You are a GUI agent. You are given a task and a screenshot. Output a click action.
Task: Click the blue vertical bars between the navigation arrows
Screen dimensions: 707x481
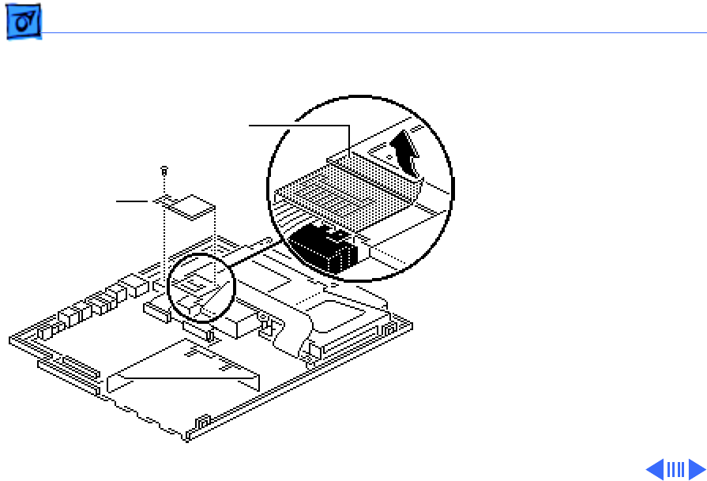pyautogui.click(x=675, y=469)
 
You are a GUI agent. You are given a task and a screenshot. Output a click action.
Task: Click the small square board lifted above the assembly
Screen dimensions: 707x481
pyautogui.click(x=190, y=203)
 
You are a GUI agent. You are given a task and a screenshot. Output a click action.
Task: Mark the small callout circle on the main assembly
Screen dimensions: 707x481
pyautogui.click(x=201, y=287)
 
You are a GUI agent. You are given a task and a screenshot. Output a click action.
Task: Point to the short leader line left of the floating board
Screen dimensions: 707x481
pyautogui.click(x=132, y=201)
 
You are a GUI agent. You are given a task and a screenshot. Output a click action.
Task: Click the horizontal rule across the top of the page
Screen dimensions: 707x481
pyautogui.click(x=371, y=33)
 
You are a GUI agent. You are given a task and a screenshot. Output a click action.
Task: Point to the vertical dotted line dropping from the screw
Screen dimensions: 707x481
pyautogui.click(x=164, y=237)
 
